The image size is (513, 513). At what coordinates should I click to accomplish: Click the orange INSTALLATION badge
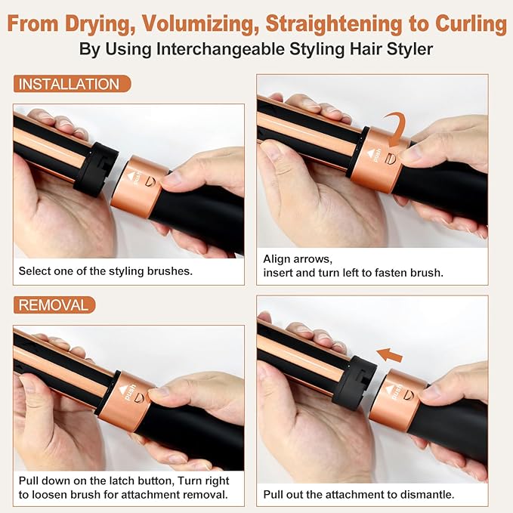coord(72,84)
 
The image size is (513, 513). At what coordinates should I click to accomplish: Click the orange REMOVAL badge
coord(54,305)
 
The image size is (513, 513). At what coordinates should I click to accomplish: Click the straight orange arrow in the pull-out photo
coord(389,355)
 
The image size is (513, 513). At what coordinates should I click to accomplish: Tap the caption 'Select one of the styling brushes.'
coord(105,271)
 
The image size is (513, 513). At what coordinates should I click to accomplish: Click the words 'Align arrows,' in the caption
coord(298,259)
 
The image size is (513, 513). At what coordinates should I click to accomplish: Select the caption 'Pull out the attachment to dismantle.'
coord(359,494)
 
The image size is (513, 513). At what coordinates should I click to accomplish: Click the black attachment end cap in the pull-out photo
coord(354,383)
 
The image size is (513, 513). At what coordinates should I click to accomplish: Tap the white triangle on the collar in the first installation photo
coord(131,176)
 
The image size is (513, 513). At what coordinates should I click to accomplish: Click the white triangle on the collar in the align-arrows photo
coord(371,153)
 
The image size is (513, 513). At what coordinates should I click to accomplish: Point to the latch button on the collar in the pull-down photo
coord(139,398)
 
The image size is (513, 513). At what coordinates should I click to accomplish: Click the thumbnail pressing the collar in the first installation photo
coord(172,178)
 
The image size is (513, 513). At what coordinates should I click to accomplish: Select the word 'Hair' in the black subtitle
coord(366,49)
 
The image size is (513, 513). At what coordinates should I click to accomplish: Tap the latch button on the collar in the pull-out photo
coord(408,395)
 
